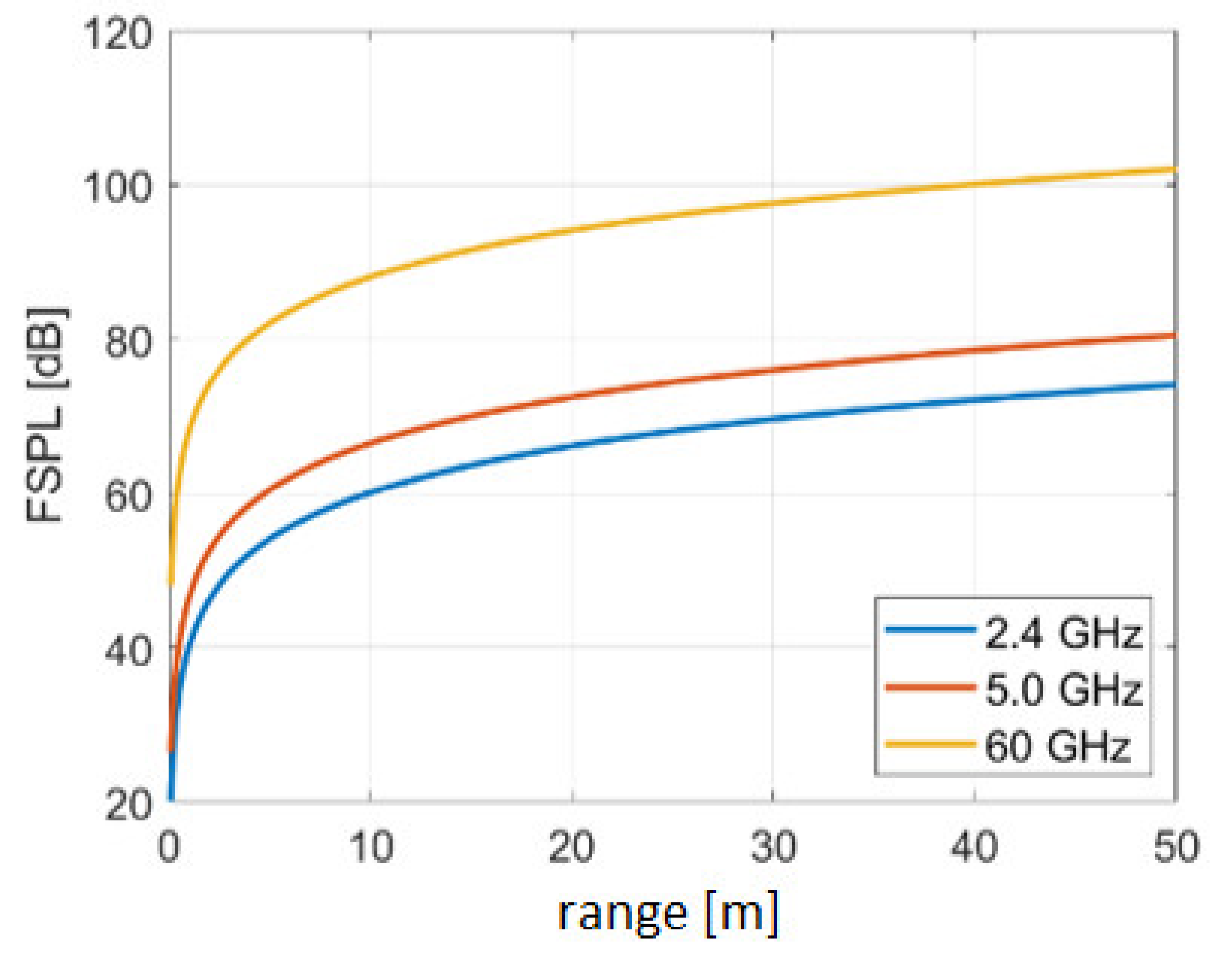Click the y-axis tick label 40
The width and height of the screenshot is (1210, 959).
[x=128, y=651]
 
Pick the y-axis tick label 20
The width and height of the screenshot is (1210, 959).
[x=128, y=805]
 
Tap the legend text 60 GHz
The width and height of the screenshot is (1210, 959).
[x=1057, y=746]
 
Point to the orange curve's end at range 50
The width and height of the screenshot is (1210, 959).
[x=1173, y=336]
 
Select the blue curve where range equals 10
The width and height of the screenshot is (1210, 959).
[x=370, y=493]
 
